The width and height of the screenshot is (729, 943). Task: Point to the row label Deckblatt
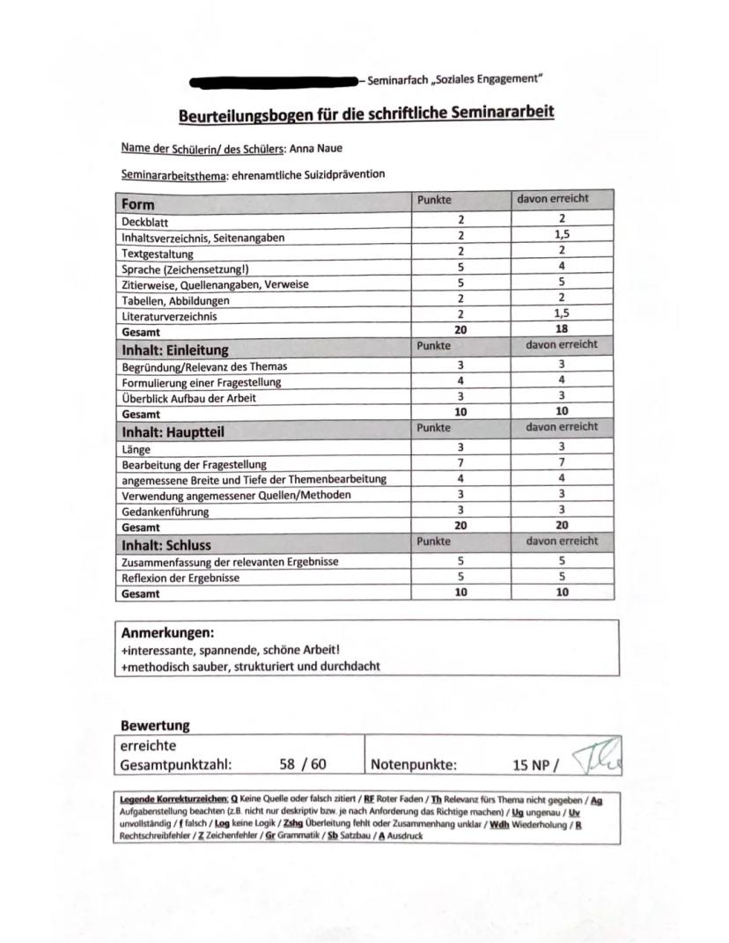143,223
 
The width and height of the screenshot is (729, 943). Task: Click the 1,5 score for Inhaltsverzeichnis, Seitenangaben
561,237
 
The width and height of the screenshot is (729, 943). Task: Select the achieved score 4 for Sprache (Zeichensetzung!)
561,267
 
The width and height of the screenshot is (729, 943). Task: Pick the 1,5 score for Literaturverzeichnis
561,315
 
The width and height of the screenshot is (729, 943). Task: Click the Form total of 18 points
561,330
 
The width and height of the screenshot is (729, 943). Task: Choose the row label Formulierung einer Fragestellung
202,381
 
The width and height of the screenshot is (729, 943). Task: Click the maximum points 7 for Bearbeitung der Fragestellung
460,463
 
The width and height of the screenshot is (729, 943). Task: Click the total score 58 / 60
297,764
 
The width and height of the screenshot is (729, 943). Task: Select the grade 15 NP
528,765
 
